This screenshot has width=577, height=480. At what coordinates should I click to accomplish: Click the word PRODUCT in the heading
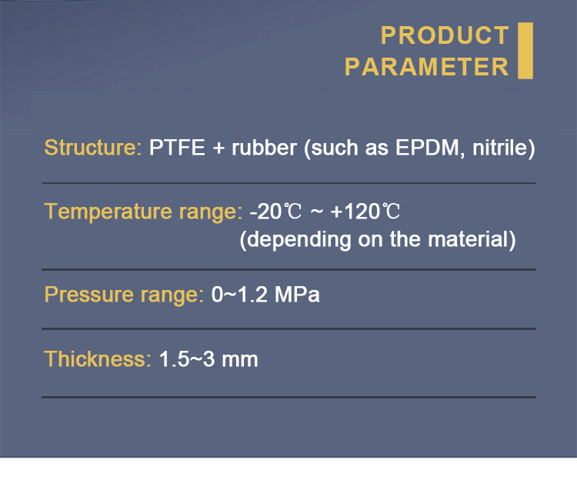(445, 35)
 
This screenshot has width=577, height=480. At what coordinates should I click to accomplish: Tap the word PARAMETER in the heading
(426, 67)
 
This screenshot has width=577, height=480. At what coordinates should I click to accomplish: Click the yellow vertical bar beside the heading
(525, 51)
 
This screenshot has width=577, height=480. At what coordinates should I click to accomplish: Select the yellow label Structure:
(93, 148)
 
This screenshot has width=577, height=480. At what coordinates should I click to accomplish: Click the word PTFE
(177, 148)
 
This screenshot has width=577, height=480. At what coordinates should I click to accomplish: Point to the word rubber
(264, 148)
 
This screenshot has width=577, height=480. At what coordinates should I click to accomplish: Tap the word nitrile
(501, 148)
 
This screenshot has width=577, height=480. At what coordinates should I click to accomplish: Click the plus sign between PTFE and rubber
(218, 148)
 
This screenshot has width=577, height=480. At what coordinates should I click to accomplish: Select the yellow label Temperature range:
(143, 212)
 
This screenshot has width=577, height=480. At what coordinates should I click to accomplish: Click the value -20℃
(275, 212)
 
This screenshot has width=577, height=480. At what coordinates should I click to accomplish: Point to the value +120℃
(365, 212)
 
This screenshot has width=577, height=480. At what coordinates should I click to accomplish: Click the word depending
(299, 240)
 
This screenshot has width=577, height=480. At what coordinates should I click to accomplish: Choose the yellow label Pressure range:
(124, 295)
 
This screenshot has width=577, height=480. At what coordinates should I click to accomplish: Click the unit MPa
(297, 295)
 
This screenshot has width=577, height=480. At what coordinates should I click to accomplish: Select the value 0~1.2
(239, 295)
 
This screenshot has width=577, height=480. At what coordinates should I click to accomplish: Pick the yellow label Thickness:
(98, 359)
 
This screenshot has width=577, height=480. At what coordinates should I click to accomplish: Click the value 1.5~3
(187, 359)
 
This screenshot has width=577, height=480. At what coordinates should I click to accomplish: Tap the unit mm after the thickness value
(240, 360)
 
